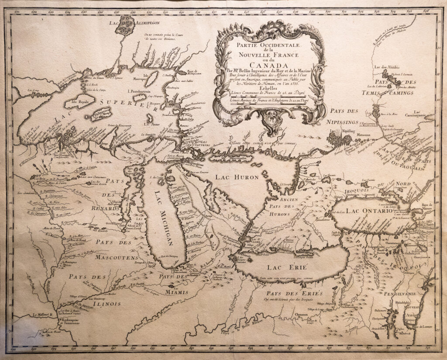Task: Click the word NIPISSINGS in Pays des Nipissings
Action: [344, 121]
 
